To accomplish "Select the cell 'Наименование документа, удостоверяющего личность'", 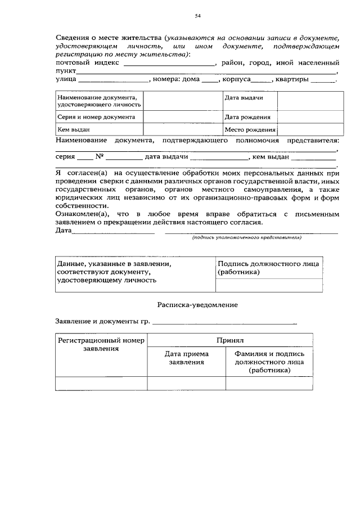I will tap(99, 101).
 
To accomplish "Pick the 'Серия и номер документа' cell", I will tap(99, 117).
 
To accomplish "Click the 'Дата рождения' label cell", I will tap(247, 118).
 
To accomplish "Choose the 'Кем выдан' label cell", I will tap(99, 129).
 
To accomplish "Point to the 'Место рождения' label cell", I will tap(249, 130).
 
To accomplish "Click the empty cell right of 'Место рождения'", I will tap(310, 129).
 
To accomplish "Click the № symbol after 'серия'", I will tap(100, 157).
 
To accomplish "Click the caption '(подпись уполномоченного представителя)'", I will tap(247, 238).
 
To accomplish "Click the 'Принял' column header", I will tap(229, 340).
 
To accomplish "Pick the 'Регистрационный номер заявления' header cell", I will tap(101, 344).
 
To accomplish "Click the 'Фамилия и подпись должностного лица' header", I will tap(268, 362).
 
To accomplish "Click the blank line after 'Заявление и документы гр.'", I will tap(225, 322).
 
